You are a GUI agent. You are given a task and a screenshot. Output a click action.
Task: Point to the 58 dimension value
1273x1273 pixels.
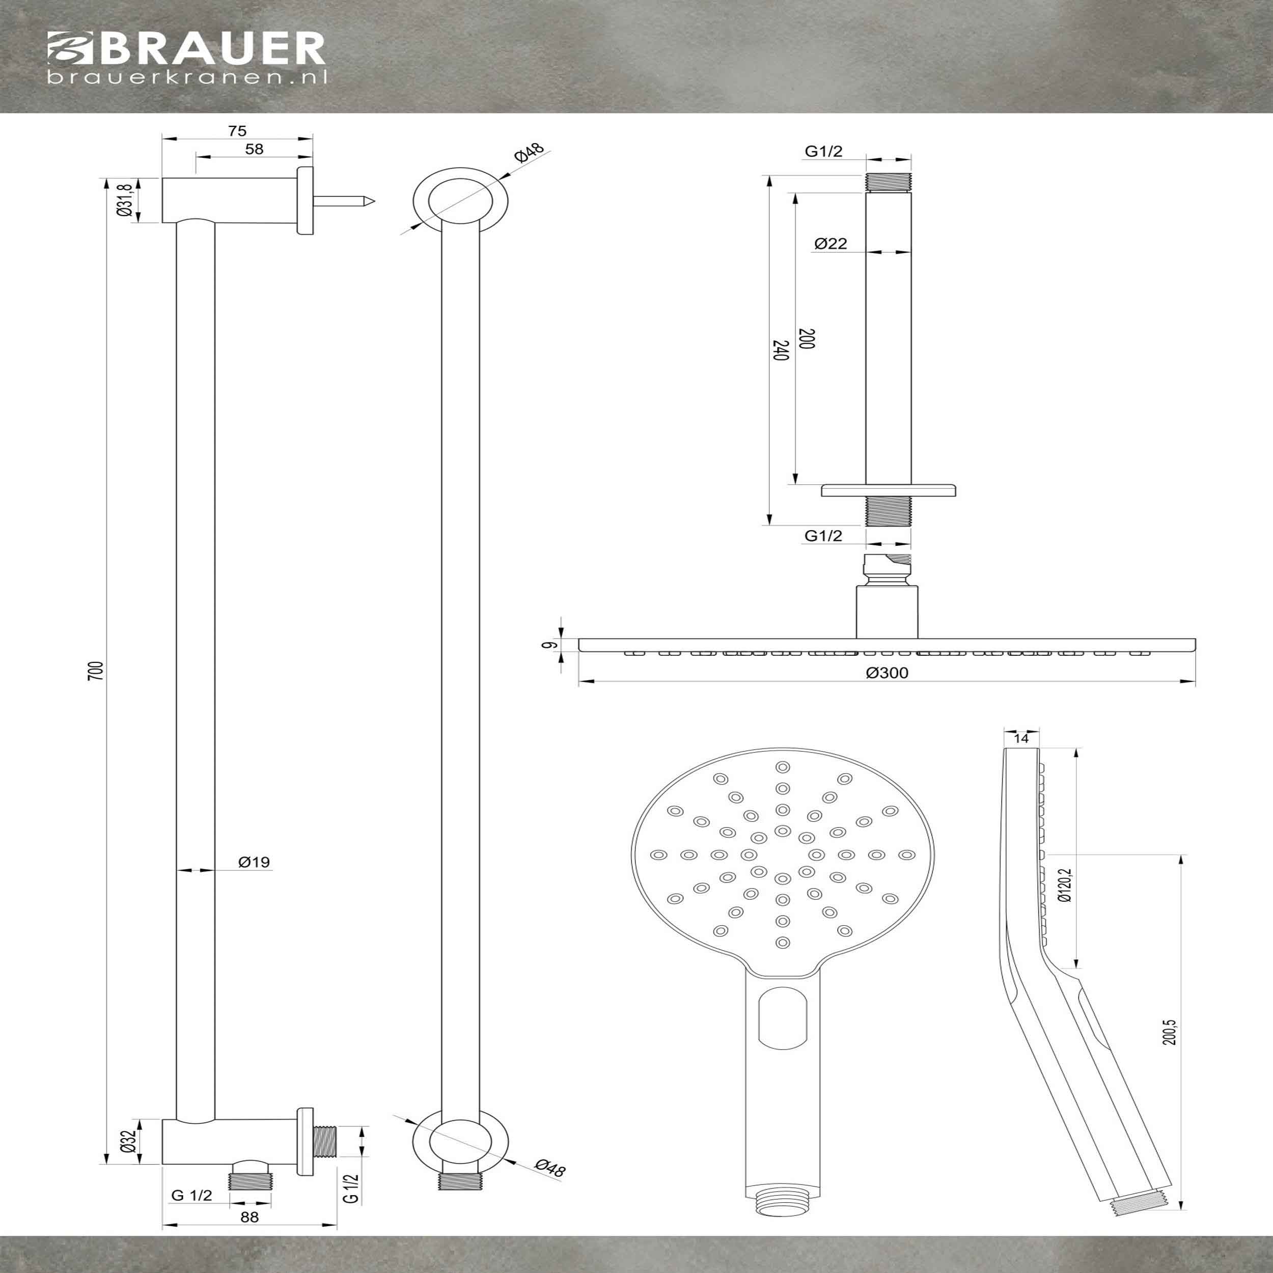coord(254,150)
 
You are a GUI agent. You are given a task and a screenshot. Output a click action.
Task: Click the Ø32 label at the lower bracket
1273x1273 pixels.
coord(128,1141)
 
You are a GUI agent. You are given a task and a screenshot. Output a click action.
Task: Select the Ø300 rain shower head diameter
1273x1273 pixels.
coord(888,673)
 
